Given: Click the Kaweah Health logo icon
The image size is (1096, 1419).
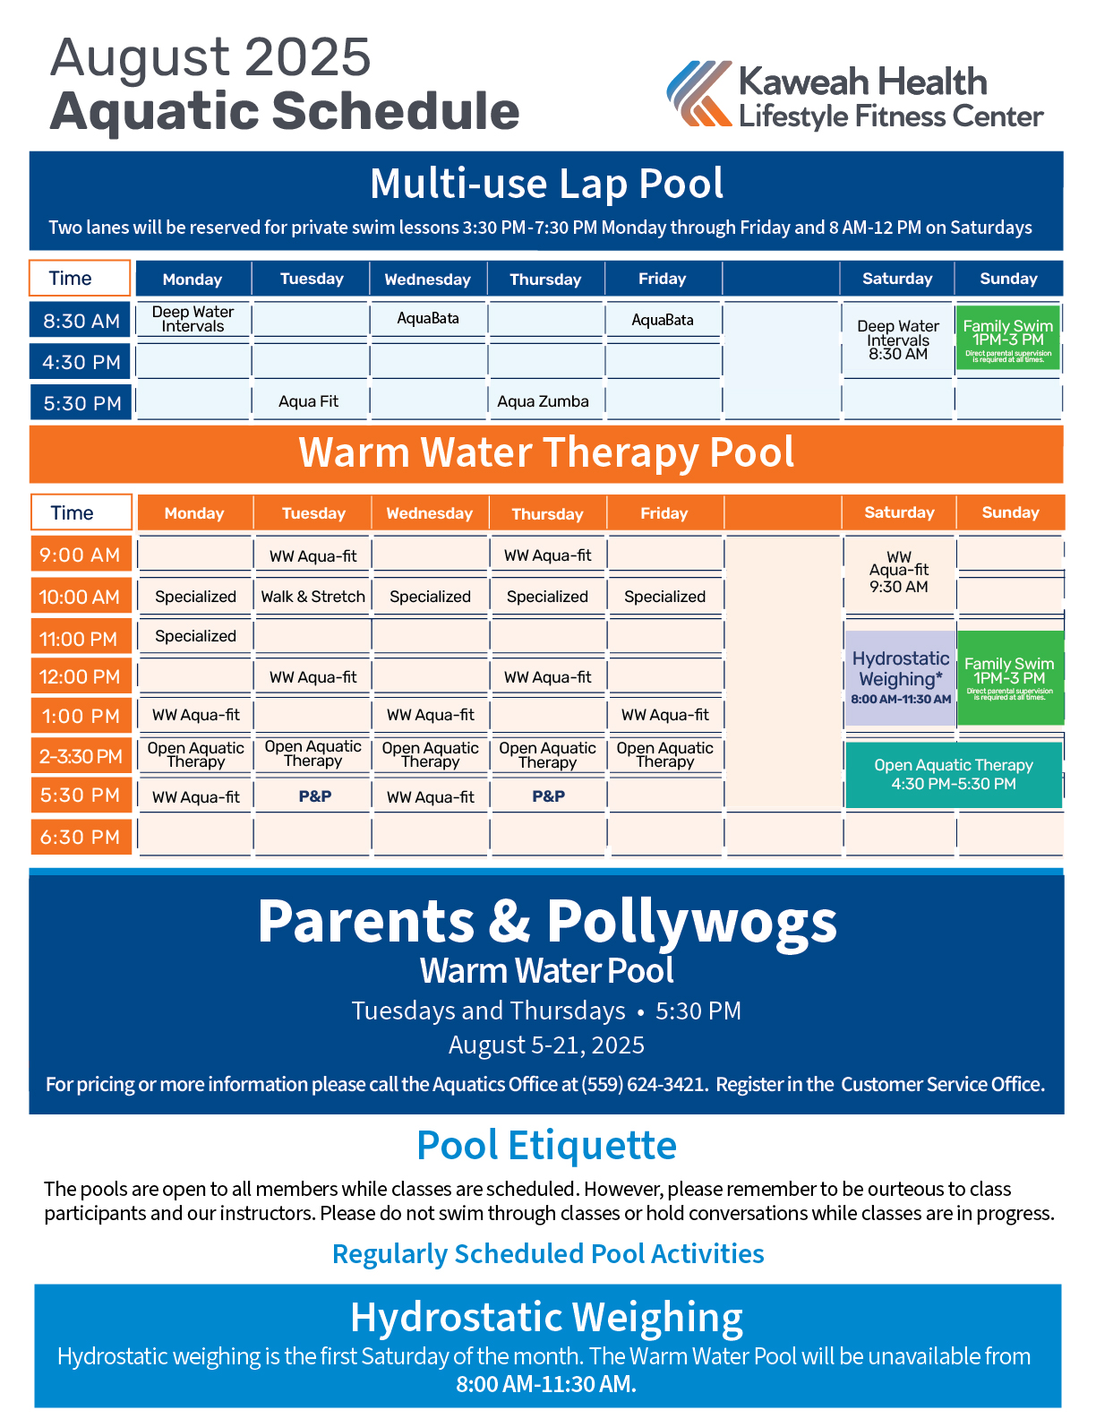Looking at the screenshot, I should pos(699,93).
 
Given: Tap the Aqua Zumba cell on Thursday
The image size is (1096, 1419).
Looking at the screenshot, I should pos(544,401).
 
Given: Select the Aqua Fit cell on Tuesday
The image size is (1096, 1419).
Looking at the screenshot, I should pos(309,401).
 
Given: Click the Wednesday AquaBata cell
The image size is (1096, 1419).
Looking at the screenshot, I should pos(428,319).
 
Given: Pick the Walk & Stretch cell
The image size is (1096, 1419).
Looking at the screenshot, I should pos(313,597).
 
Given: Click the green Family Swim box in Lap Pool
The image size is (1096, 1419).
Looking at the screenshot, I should pos(1008,338).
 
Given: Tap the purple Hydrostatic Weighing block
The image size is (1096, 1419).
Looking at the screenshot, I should pos(901,678).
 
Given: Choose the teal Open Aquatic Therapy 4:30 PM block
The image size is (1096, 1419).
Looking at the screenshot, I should pos(954,775).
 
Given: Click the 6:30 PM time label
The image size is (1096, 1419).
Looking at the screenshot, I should pos(81,837).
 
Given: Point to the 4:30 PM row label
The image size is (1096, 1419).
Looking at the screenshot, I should pos(81,362).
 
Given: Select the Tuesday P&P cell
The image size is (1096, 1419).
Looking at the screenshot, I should pos(314,796).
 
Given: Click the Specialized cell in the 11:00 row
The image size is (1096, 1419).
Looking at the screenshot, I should pos(195,636).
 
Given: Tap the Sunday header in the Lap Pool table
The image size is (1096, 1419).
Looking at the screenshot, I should pos(1008,279).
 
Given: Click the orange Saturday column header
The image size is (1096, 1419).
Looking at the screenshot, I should pos(899,512).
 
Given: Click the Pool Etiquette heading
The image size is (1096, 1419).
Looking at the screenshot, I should pos(546,1146).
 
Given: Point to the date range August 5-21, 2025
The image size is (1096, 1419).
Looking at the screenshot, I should pos(546,1045).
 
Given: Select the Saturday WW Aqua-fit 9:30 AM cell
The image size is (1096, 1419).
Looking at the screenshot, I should pos(899,572).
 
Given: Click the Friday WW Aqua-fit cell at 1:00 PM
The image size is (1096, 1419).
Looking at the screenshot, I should pos(665,715).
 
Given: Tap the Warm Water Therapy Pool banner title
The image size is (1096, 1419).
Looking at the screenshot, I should pos(546,453).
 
